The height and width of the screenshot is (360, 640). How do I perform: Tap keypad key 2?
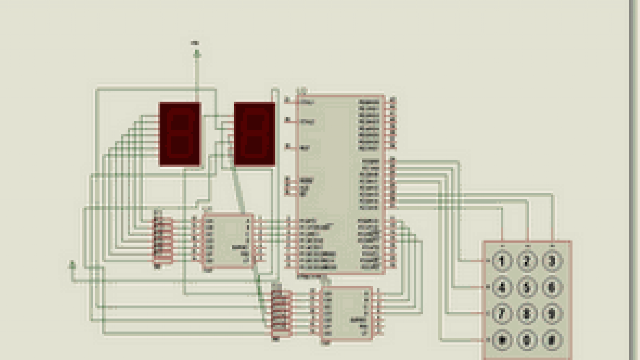[x=527, y=261]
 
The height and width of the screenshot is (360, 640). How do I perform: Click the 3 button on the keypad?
[x=552, y=261]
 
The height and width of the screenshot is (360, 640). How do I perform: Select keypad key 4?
[x=502, y=287]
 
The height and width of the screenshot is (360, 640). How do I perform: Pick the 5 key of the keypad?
[x=527, y=287]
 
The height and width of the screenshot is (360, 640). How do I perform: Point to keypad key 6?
[x=552, y=287]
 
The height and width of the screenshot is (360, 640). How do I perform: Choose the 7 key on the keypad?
[x=502, y=314]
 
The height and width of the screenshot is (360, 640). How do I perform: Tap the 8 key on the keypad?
[x=527, y=314]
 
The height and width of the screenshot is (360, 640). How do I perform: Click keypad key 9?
[x=552, y=314]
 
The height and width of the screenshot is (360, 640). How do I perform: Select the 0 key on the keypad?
[x=527, y=340]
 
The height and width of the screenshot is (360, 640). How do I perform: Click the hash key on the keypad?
[x=552, y=340]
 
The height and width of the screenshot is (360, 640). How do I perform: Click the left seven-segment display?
[x=180, y=134]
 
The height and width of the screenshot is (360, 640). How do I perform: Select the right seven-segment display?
[x=255, y=134]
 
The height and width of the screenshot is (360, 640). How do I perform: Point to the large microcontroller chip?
[x=340, y=185]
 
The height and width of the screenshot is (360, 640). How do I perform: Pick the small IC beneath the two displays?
[x=227, y=241]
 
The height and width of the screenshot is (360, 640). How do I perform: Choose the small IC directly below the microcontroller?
[x=346, y=313]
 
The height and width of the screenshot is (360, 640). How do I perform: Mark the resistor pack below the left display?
[x=163, y=240]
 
